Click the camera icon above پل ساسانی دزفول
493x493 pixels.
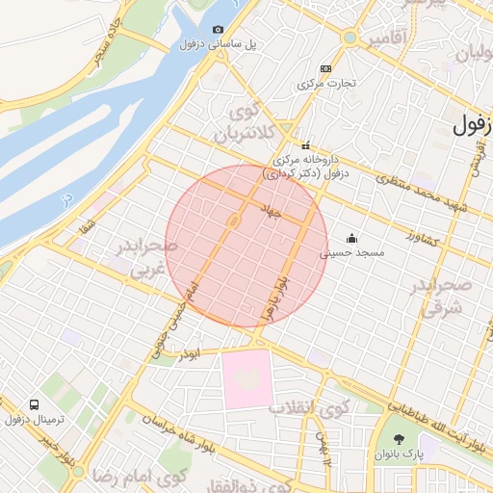click(x=218, y=30)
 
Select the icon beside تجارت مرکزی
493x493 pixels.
click(x=325, y=68)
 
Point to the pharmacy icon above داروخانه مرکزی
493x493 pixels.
click(x=306, y=145)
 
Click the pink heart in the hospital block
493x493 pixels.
click(x=247, y=378)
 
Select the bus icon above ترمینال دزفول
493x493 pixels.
click(x=35, y=404)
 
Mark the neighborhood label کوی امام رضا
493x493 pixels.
click(x=139, y=476)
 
